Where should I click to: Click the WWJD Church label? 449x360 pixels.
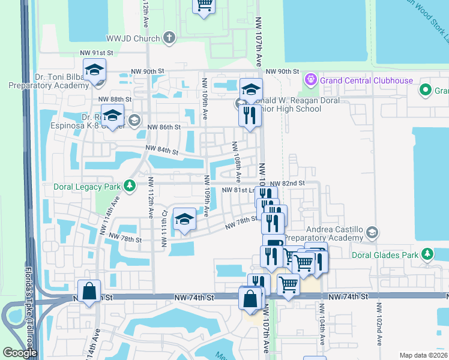[133, 38]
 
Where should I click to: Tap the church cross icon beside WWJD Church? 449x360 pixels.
[169, 38]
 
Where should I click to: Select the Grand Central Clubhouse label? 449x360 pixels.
[366, 80]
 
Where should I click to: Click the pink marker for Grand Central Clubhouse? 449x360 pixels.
[310, 79]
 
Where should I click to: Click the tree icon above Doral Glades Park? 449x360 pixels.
[427, 254]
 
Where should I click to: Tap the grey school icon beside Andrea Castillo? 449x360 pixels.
[372, 232]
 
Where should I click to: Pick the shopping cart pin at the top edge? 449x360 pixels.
[204, 5]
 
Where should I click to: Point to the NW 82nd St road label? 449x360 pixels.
[288, 183]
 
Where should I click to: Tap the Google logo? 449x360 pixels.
[20, 353]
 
